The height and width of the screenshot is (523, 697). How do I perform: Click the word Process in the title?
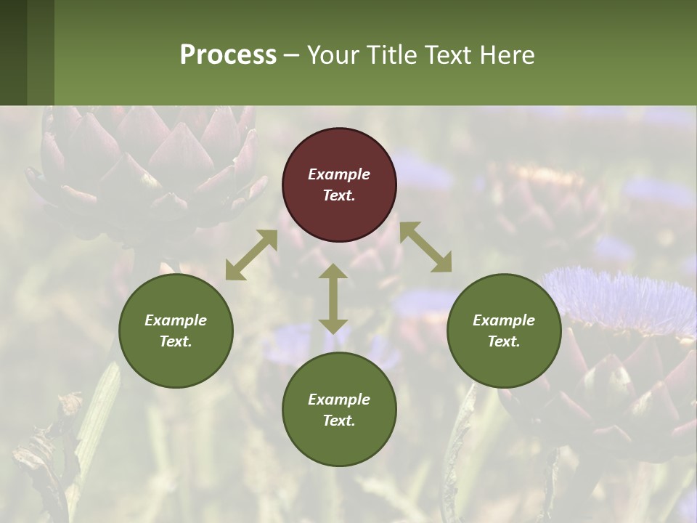coord(228,55)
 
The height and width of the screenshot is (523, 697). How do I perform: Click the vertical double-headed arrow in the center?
coord(333,299)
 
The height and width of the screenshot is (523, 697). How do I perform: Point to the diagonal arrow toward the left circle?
coord(251,255)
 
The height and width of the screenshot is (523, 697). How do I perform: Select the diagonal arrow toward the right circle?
coord(425,247)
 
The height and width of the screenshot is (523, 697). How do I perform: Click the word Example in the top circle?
coord(339,174)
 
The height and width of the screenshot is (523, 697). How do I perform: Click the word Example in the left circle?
coord(176,320)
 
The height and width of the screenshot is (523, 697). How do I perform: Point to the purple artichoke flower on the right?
coord(621,298)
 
